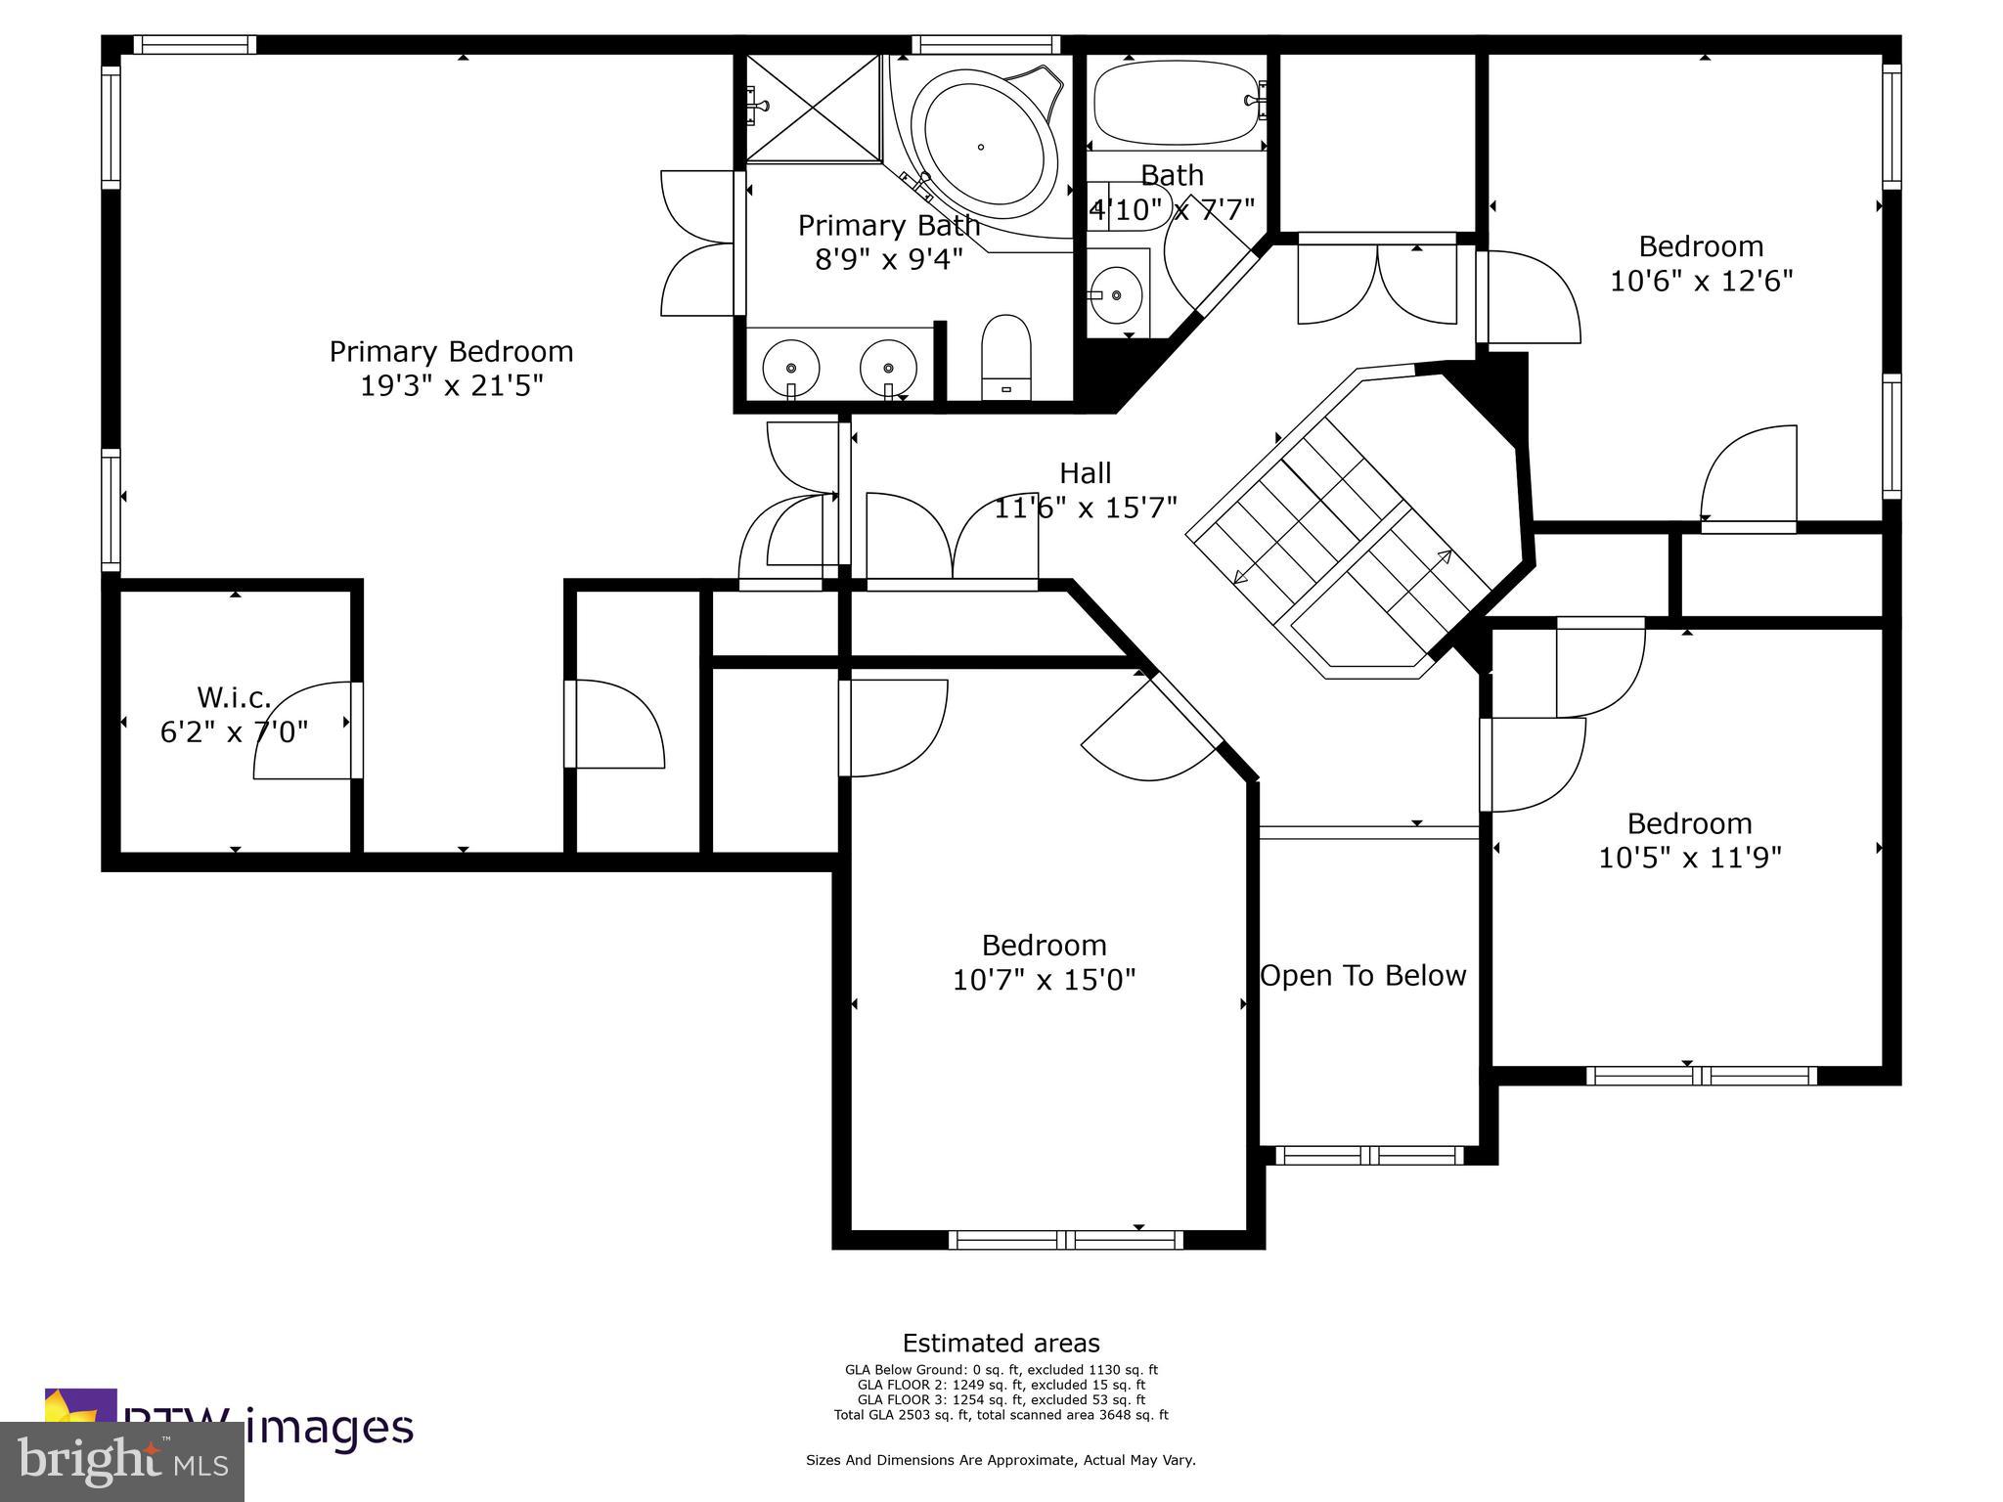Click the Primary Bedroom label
point(451,351)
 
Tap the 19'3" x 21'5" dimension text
point(451,386)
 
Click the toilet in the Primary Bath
point(1006,357)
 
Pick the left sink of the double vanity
point(790,367)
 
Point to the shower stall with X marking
point(814,108)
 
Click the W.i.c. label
point(234,697)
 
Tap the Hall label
point(1085,473)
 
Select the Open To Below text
point(1362,975)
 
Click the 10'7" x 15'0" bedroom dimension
point(1044,980)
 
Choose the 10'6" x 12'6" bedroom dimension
point(1701,282)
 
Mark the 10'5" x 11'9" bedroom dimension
point(1689,858)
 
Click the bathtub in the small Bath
point(1175,104)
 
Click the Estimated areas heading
point(1001,1343)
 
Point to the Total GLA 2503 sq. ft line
point(1001,1415)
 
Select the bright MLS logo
point(122,1461)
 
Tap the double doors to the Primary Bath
point(699,243)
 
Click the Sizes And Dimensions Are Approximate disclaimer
point(1001,1460)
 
